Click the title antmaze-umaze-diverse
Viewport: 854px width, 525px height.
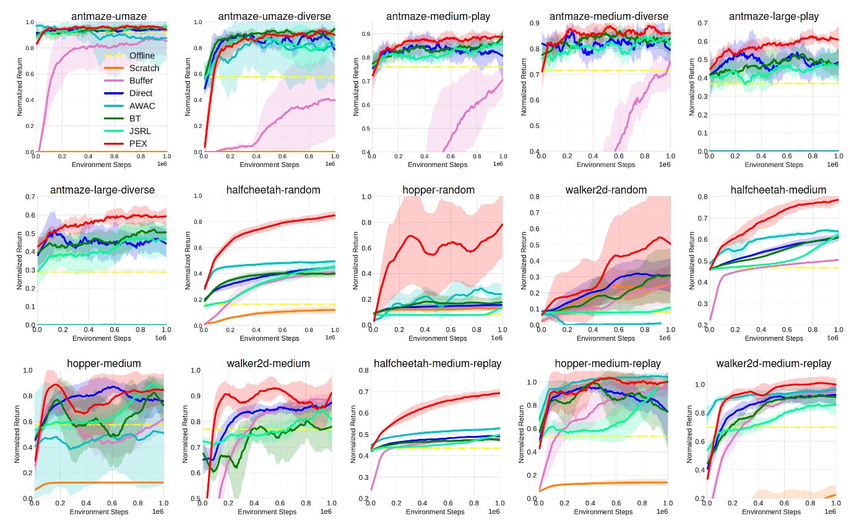(274, 16)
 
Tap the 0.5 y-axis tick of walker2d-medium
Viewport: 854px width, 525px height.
(196, 498)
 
